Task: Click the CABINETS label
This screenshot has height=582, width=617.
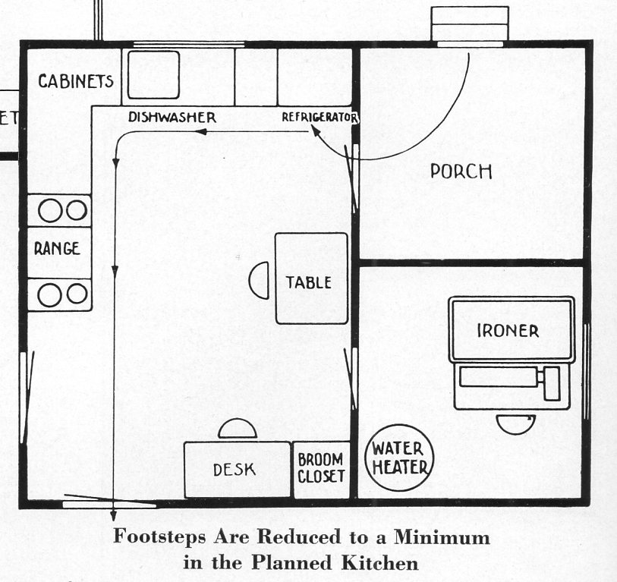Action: click(76, 81)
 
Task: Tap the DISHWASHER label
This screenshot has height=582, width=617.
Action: click(172, 117)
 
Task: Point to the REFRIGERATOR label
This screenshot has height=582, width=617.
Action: click(320, 118)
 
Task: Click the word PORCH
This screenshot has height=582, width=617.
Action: click(461, 171)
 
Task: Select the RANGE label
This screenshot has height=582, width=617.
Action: click(57, 249)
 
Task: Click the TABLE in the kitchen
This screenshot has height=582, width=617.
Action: click(311, 278)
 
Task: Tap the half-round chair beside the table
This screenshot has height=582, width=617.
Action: click(260, 280)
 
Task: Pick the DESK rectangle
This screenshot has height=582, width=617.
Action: click(238, 470)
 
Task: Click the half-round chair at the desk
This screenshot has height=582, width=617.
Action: click(238, 429)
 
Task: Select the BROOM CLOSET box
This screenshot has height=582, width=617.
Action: click(322, 470)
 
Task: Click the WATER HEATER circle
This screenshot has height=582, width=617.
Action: click(399, 458)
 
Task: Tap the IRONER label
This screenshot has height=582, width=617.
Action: click(508, 331)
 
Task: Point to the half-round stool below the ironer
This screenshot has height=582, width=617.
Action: click(515, 424)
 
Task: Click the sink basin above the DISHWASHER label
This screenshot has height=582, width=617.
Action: click(153, 75)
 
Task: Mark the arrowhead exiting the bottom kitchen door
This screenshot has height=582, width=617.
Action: click(114, 515)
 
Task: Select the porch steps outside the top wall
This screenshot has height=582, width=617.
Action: click(470, 24)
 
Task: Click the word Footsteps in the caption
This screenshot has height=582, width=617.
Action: click(159, 536)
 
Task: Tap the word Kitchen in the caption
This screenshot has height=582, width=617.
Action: click(379, 562)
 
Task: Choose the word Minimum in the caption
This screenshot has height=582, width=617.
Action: click(442, 536)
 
